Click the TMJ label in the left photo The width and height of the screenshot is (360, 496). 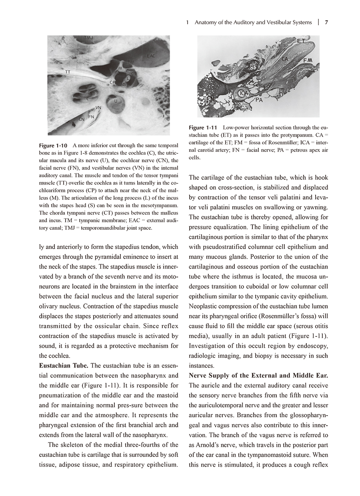tap(89, 38)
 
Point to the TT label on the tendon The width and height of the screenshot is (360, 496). tap(68, 72)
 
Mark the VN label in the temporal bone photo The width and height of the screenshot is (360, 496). tap(98, 108)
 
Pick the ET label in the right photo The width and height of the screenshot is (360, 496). tap(301, 41)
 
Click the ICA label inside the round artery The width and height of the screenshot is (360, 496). tap(244, 93)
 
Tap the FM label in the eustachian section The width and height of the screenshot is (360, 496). tap(308, 60)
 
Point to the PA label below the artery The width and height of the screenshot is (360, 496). tap(259, 100)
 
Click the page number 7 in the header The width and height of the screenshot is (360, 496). tap(326, 22)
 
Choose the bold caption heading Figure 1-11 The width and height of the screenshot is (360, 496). tap(203, 127)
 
